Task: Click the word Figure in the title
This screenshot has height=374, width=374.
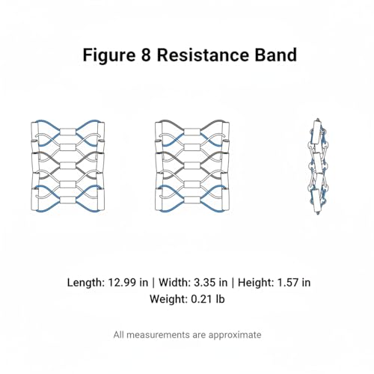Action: [x=109, y=55]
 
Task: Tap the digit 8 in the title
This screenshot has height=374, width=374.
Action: [x=146, y=55]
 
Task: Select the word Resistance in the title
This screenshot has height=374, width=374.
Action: [x=203, y=55]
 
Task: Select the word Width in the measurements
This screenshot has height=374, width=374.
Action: [x=174, y=283]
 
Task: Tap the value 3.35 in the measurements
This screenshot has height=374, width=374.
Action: [x=205, y=283]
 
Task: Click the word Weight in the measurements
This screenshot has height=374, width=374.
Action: [x=168, y=299]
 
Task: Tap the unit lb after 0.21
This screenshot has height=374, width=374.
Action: [x=220, y=298]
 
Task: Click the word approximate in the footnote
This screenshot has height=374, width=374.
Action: [x=235, y=335]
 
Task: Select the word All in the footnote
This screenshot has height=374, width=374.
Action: [x=118, y=334]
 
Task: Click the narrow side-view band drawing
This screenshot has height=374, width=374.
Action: [x=317, y=167]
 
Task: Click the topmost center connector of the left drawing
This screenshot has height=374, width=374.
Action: [x=68, y=132]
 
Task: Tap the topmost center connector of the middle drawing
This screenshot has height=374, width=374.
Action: [x=191, y=132]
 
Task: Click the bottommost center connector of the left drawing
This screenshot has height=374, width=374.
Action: [x=68, y=200]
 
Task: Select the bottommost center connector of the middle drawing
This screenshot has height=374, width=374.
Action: [x=191, y=200]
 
